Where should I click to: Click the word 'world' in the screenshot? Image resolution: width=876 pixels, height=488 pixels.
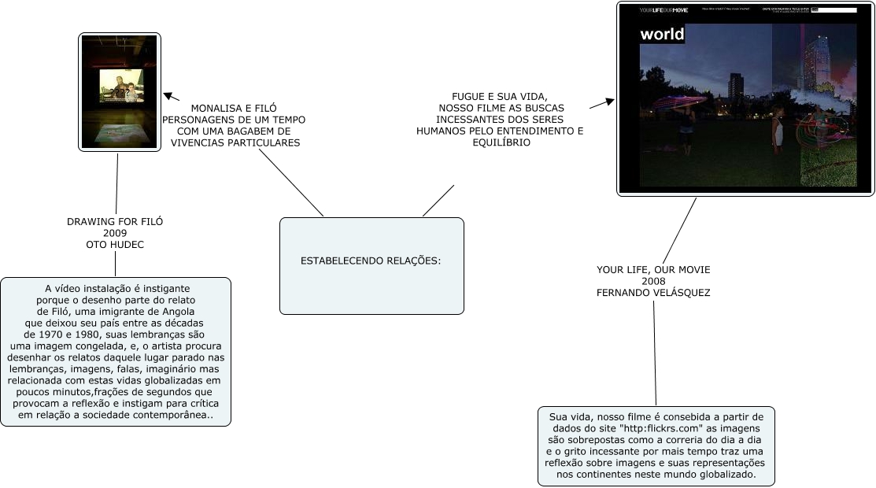662,34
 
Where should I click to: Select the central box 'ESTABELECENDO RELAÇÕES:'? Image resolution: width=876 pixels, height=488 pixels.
371,261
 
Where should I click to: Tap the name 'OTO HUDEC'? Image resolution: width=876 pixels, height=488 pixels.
115,245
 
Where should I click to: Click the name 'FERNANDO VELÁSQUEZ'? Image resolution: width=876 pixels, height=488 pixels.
653,293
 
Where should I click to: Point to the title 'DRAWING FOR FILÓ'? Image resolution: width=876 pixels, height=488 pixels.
115,222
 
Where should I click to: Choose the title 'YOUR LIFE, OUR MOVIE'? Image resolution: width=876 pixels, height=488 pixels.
653,270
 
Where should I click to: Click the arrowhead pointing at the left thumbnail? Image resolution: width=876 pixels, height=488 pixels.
167,96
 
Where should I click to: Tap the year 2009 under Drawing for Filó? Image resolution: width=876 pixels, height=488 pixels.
115,234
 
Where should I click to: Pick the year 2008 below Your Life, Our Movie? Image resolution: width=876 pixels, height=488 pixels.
653,281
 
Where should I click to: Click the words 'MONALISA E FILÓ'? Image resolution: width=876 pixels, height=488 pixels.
234,108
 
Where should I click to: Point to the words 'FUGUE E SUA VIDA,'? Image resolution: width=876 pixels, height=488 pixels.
500,96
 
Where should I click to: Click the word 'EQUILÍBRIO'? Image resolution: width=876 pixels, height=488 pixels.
500,143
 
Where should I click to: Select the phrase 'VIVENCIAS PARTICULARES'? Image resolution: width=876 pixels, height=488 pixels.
235,143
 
